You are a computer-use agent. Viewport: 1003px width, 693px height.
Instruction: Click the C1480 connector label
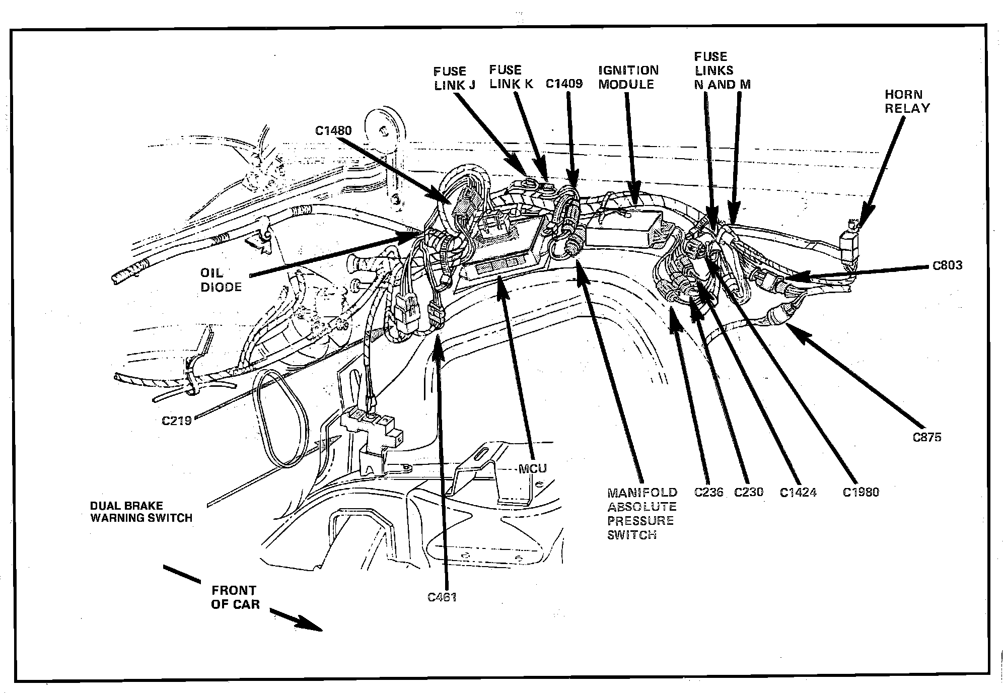(x=333, y=131)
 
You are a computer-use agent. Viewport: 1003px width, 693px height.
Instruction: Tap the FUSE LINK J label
(x=454, y=79)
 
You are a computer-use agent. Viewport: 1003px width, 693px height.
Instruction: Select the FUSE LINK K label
(x=511, y=77)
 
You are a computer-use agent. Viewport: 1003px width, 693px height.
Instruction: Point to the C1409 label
(x=564, y=84)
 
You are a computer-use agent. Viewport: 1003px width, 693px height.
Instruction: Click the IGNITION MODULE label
(x=628, y=78)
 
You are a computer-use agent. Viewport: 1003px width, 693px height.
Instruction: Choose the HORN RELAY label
(x=907, y=101)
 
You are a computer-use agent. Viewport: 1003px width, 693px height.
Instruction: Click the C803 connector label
(x=947, y=265)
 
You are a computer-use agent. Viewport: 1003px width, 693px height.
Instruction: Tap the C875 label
(x=926, y=437)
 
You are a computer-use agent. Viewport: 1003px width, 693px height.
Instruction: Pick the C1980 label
(x=861, y=492)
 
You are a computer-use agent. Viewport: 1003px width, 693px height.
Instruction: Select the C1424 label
(x=798, y=492)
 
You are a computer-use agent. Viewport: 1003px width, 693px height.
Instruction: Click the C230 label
(x=749, y=492)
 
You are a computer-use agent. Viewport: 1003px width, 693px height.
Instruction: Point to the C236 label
(x=708, y=492)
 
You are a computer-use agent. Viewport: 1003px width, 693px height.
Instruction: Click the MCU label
(x=532, y=469)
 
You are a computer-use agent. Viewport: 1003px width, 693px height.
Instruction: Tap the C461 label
(x=442, y=597)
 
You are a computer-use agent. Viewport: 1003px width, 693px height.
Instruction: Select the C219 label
(x=177, y=420)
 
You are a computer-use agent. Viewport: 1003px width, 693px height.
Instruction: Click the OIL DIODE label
(x=221, y=280)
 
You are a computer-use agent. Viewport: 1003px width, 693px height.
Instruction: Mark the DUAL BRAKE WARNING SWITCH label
(x=141, y=512)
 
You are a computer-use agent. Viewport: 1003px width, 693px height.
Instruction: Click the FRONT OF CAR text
(x=235, y=597)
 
